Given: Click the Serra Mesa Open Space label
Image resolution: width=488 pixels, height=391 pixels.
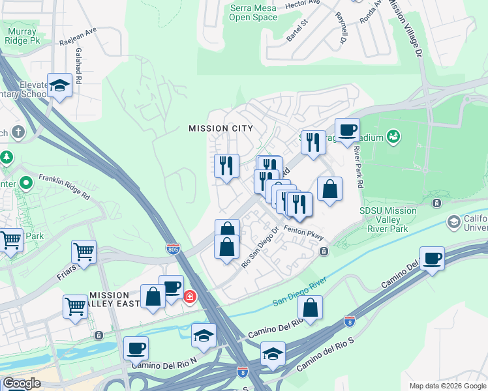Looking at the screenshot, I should point(252,12).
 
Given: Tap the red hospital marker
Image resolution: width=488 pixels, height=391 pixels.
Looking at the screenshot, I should point(190,297).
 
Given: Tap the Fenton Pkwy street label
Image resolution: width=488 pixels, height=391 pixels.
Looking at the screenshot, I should point(303,232).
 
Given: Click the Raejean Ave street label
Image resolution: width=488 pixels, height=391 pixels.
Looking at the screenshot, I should point(78,38).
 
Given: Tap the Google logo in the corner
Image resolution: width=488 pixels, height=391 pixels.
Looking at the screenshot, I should point(22,383).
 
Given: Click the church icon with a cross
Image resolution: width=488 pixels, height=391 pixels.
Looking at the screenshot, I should point(18,132).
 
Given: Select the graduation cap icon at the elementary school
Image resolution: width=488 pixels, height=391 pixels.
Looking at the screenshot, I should point(59,85).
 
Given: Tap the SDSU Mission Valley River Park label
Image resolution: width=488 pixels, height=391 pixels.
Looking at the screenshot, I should point(388,220).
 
